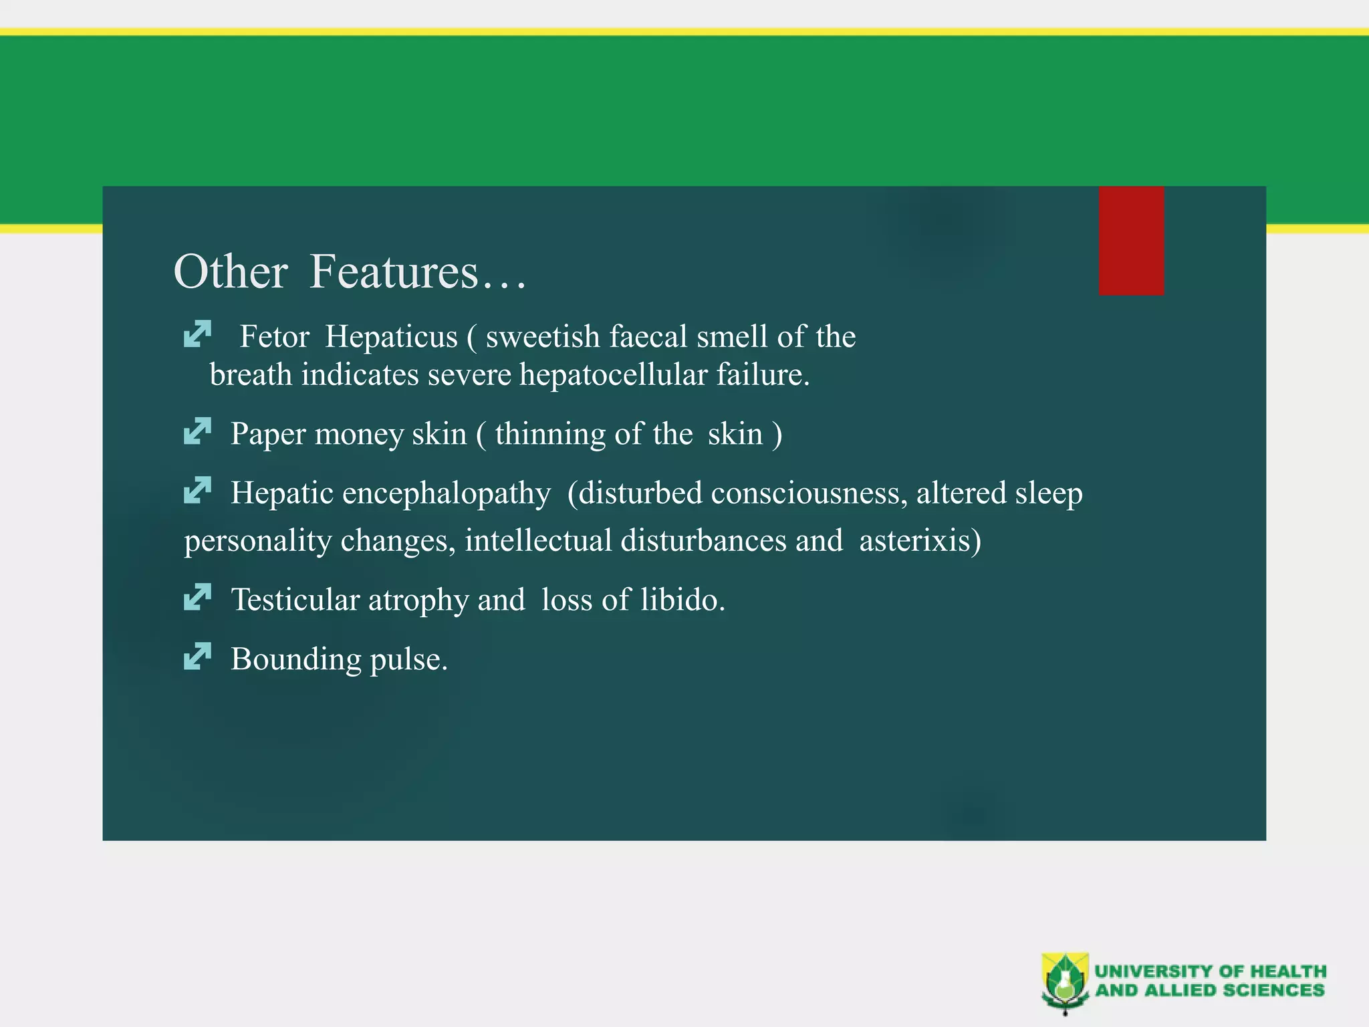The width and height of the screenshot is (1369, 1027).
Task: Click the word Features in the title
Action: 394,271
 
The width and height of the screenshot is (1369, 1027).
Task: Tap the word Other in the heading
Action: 230,271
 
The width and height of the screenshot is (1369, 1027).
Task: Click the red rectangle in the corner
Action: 1131,241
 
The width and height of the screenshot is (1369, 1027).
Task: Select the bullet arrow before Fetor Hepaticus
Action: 197,334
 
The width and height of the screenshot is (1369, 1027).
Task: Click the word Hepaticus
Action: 391,336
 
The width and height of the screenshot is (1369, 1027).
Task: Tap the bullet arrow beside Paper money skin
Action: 197,431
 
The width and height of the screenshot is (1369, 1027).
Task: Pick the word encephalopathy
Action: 447,493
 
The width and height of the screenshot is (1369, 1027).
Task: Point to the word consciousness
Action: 809,493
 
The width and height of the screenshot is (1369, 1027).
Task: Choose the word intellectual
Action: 538,540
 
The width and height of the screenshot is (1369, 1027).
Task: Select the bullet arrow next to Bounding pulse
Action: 197,656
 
